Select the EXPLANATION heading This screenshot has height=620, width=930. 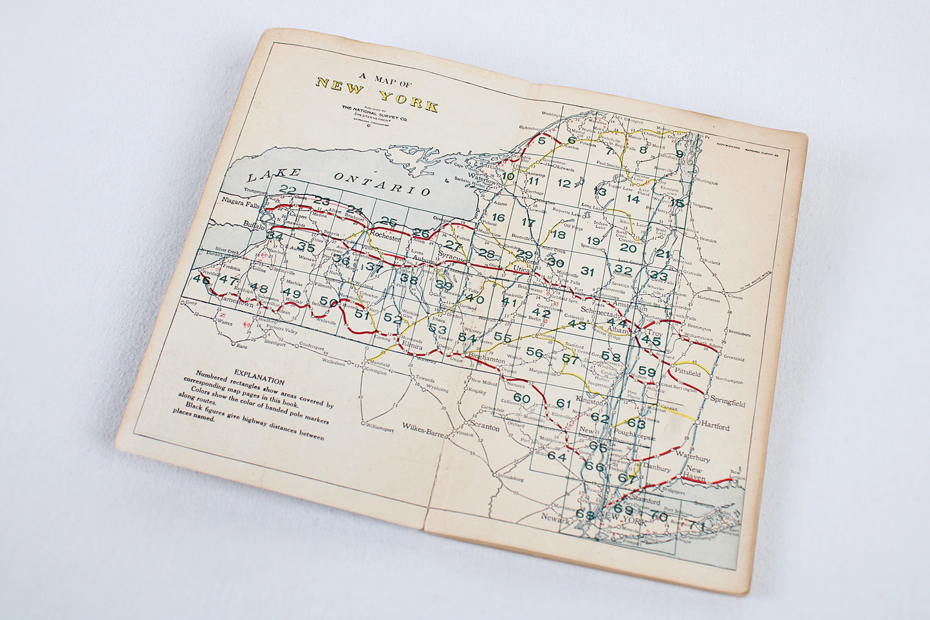(x=259, y=373)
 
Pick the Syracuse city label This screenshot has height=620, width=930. (x=452, y=258)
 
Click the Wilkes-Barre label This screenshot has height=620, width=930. (x=424, y=427)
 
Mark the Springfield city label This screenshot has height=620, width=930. (x=728, y=402)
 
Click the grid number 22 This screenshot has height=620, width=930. (x=288, y=189)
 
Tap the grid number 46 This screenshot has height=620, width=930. (x=201, y=281)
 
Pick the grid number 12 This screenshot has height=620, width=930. (x=564, y=183)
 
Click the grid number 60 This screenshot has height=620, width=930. (x=521, y=399)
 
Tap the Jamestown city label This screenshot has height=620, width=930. (x=237, y=301)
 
